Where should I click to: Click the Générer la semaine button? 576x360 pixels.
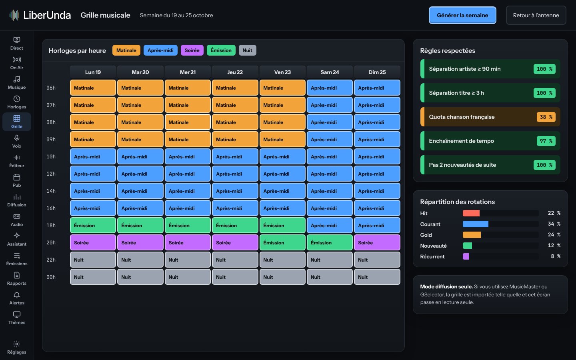462,15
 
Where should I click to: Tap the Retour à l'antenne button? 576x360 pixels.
536,15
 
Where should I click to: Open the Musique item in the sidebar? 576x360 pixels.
17,82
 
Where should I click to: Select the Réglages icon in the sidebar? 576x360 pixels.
17,344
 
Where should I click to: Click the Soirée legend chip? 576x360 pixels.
192,50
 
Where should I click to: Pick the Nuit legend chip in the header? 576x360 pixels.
247,50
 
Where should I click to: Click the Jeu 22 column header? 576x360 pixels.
235,72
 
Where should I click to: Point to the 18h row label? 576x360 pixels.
51,225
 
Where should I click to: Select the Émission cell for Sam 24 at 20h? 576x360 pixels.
330,242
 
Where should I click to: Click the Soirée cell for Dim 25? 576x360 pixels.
377,242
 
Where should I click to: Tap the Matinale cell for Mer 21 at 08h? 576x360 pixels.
188,122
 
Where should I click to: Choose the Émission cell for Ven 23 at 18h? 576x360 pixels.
282,225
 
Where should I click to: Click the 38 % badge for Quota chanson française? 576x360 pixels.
546,117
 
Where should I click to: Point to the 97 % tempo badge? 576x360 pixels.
546,141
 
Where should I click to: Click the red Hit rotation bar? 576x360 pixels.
471,213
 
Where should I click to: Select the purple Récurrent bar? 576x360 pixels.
466,256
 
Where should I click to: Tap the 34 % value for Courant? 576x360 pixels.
554,224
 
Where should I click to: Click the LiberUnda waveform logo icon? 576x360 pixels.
14,15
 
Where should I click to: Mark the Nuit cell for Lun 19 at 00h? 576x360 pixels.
93,277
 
